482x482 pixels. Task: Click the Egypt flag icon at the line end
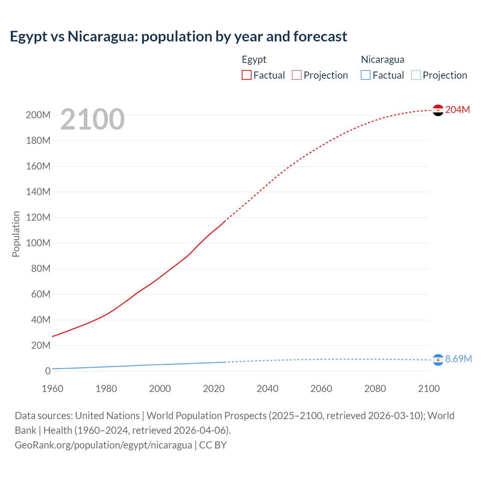(x=438, y=110)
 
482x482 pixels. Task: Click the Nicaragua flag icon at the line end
(x=438, y=360)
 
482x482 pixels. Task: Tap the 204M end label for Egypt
(x=458, y=110)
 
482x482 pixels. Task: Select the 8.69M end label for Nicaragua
(x=458, y=359)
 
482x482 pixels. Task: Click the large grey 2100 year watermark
(x=92, y=119)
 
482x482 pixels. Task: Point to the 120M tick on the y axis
(x=38, y=217)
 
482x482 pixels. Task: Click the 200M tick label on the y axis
(x=38, y=115)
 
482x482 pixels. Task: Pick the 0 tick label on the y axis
(x=48, y=371)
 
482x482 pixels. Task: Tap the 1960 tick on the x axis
(x=52, y=389)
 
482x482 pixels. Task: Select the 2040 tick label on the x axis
(x=267, y=389)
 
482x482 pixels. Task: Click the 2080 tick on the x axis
(x=375, y=389)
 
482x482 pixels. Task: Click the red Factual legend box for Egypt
(x=247, y=75)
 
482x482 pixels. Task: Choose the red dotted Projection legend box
(x=297, y=75)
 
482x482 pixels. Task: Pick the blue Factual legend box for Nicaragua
(x=366, y=75)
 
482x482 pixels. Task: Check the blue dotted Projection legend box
(x=416, y=75)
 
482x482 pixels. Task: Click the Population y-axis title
(x=16, y=234)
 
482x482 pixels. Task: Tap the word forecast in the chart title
(x=320, y=37)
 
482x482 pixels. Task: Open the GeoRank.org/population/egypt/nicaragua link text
(x=103, y=445)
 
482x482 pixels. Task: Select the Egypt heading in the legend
(x=254, y=59)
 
